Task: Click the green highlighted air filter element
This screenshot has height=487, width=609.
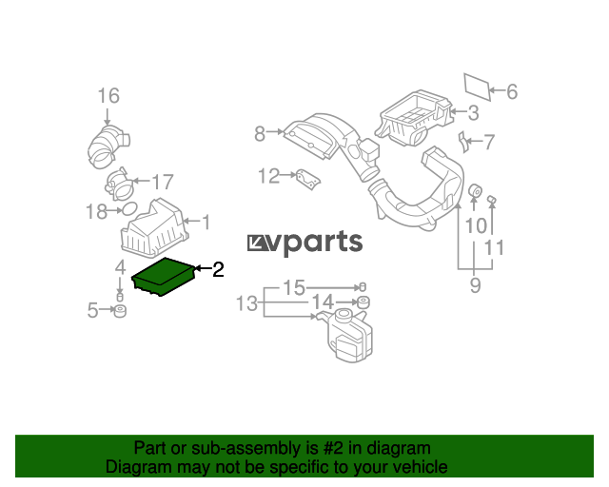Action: pos(163,277)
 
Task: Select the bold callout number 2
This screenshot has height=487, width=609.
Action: pos(218,269)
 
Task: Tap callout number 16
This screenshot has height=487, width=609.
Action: pos(108,95)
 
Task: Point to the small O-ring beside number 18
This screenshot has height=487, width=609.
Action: pos(129,209)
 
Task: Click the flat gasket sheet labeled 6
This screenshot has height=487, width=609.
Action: pos(478,87)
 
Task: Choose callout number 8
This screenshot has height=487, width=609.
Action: pos(260,134)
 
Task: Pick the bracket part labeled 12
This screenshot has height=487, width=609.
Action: pos(308,180)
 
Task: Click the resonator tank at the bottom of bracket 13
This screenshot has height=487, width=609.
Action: pos(345,335)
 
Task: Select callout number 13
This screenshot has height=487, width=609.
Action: pos(247,302)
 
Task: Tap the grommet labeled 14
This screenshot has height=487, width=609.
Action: pos(363,302)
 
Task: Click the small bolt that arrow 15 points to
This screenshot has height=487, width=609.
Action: pos(363,287)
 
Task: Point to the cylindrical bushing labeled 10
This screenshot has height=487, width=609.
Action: pos(474,190)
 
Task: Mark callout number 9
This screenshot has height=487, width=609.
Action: pos(476,285)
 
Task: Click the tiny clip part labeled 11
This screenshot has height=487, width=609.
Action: pos(492,200)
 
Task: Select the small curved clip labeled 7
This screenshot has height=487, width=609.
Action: pos(462,142)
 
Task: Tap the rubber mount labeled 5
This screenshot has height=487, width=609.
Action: pos(120,311)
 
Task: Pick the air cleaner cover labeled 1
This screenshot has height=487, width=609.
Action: pos(154,228)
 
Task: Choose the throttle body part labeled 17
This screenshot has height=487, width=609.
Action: pos(119,185)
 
